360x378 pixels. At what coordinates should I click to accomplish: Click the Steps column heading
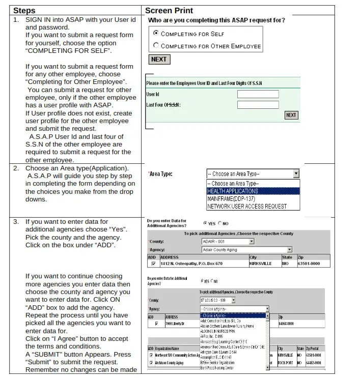tap(24, 10)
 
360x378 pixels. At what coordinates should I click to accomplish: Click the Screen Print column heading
tap(169, 10)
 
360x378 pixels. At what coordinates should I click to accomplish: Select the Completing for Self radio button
tap(156, 34)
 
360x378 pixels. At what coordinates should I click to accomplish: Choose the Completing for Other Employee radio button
tap(156, 46)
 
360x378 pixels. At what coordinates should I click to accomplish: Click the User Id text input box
tap(258, 94)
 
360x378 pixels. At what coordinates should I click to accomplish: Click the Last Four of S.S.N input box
tap(258, 105)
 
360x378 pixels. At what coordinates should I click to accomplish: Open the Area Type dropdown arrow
tap(296, 174)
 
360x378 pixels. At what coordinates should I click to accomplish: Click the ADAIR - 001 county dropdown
tap(228, 241)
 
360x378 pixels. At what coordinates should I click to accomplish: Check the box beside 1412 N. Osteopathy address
tap(153, 264)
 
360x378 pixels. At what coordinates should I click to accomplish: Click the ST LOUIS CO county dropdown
tap(218, 300)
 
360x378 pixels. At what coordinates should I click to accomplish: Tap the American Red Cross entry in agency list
tap(232, 346)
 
